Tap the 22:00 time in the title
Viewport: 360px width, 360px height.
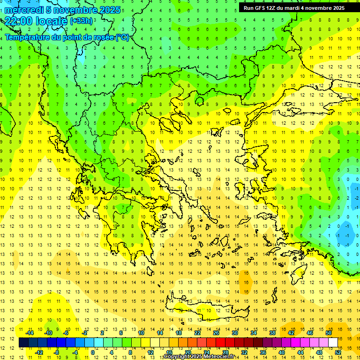[19, 21]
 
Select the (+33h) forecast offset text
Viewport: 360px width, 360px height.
[81, 21]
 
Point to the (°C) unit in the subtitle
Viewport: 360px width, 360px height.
[122, 37]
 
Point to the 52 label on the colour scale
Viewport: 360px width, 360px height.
[337, 352]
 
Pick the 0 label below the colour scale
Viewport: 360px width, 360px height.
[92, 352]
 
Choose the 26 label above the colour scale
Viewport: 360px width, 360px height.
[216, 333]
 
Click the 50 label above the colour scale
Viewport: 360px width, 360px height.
[328, 333]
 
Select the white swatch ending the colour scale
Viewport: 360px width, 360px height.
[333, 343]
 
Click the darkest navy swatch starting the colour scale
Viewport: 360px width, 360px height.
[23, 343]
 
